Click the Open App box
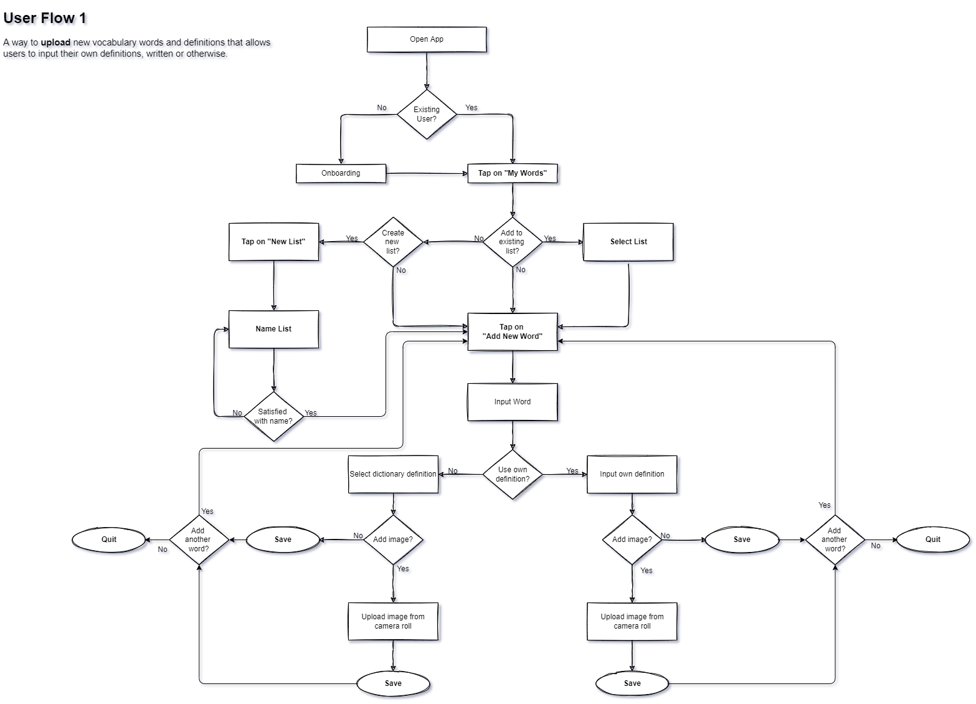[427, 39]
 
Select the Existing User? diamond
[427, 115]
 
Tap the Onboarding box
[341, 173]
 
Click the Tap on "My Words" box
[513, 173]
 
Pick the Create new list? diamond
[392, 242]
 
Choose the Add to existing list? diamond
[512, 242]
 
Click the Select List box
[628, 242]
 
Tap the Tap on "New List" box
[273, 242]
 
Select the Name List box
[273, 329]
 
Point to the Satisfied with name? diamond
[273, 416]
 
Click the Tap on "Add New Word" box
[513, 332]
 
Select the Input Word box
[513, 402]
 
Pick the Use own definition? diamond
[513, 475]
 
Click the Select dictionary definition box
[393, 474]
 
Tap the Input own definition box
[632, 474]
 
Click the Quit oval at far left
[109, 540]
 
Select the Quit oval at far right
[933, 540]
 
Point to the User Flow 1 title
[45, 19]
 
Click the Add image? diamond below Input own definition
[632, 540]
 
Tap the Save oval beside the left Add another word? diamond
[283, 540]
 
